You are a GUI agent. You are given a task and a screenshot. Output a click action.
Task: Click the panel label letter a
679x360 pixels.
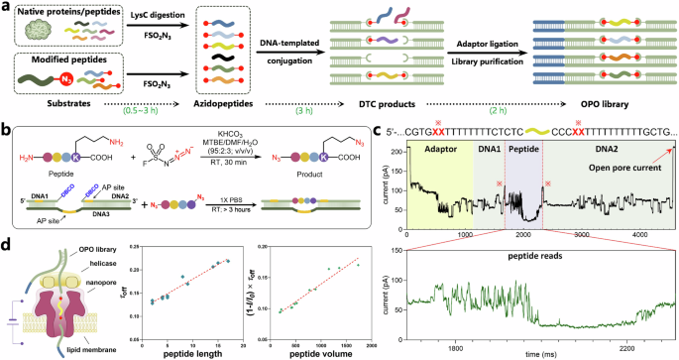[7, 8]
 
